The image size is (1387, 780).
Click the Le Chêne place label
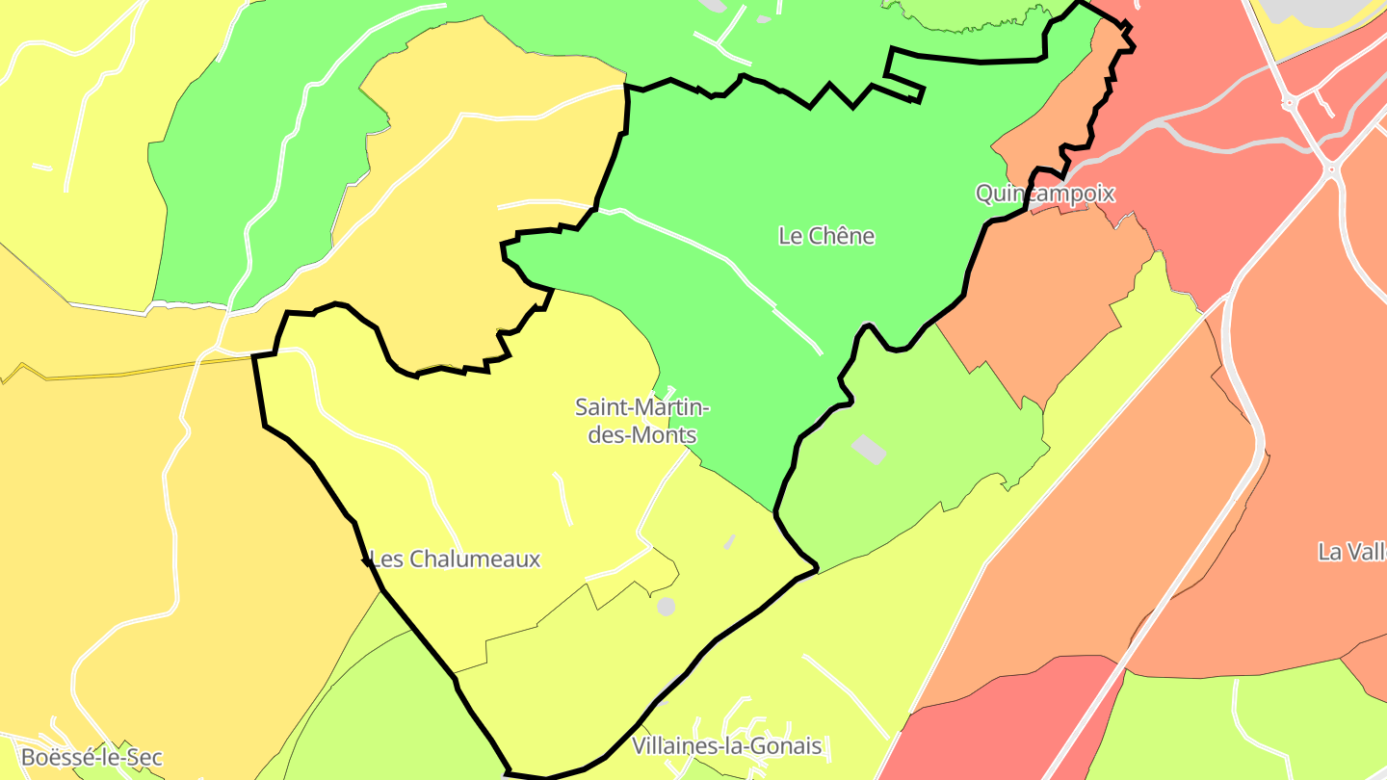point(826,236)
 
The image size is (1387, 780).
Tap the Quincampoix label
point(1045,194)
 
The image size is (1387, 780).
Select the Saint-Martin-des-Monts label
point(641,421)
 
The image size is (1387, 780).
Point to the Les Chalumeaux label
point(455,559)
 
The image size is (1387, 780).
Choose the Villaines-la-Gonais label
point(727,745)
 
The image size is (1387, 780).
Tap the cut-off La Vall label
point(1352,552)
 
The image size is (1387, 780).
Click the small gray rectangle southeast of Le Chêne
point(870,449)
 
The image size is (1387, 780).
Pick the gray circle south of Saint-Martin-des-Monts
point(666,607)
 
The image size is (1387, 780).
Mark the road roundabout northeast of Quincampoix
point(1331,170)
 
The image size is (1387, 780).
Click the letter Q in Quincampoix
point(984,194)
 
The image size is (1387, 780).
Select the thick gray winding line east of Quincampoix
point(1204,140)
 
